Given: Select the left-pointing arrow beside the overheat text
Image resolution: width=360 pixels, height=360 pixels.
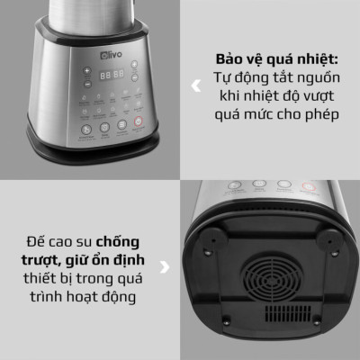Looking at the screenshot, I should [x=197, y=87].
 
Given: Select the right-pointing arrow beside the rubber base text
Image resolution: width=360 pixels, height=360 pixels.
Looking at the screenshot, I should [x=163, y=266].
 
